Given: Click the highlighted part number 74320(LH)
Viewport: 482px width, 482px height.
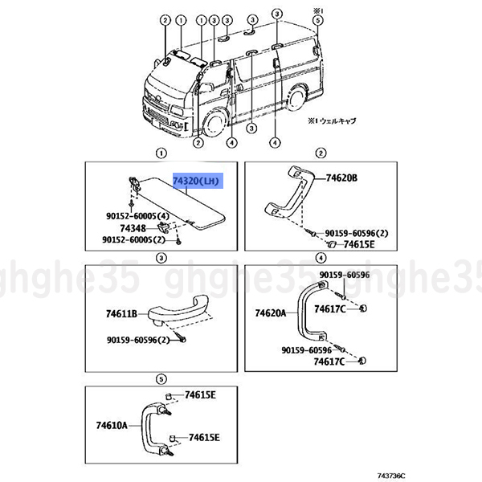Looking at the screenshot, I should coord(197,182).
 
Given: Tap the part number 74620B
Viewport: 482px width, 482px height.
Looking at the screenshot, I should coord(341,178).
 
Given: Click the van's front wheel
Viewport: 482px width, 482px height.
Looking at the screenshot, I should coord(214,124).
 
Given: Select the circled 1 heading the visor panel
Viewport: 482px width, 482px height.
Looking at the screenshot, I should coord(161,153).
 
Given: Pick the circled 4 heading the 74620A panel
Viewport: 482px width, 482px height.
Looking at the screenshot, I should coord(321,258).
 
